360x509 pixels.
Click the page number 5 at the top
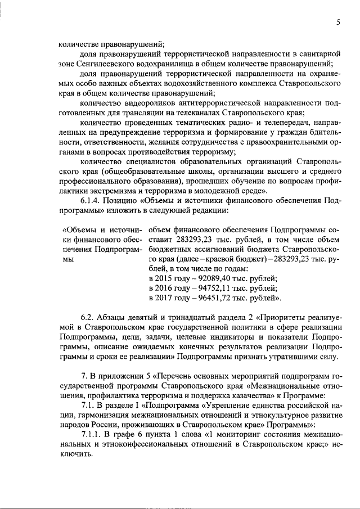pos(339,22)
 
